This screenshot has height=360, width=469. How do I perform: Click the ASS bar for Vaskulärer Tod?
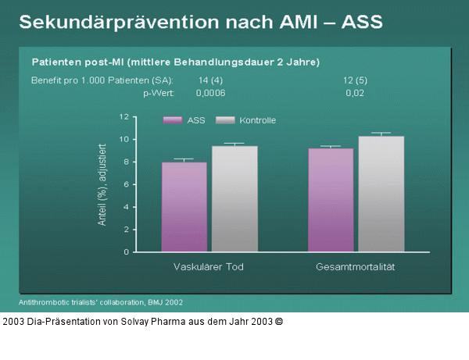click(184, 207)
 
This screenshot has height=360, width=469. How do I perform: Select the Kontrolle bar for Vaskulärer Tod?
click(234, 199)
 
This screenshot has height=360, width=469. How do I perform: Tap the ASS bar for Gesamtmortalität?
click(331, 201)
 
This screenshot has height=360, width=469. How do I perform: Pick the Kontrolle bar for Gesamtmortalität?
click(381, 194)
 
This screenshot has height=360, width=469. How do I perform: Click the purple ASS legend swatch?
click(173, 120)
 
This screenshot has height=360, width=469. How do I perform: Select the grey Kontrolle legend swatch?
click(225, 120)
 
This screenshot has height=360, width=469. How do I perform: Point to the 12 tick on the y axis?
click(123, 116)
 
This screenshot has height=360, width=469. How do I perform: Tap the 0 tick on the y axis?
click(125, 252)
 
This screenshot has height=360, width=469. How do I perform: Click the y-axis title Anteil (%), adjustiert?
click(102, 186)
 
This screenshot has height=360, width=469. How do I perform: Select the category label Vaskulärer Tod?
click(208, 267)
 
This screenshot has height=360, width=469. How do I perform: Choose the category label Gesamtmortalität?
click(356, 267)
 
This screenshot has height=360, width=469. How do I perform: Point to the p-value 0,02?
click(355, 92)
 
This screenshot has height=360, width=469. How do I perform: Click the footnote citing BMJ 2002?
click(100, 301)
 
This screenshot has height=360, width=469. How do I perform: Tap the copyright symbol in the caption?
click(279, 321)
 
